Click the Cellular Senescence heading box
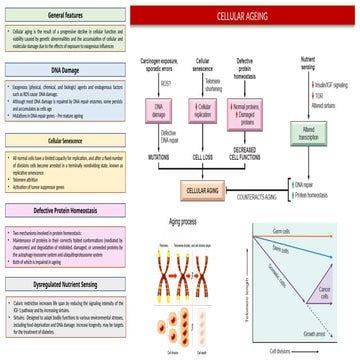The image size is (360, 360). coord(66,141)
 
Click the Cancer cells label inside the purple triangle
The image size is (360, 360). coord(323,293)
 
